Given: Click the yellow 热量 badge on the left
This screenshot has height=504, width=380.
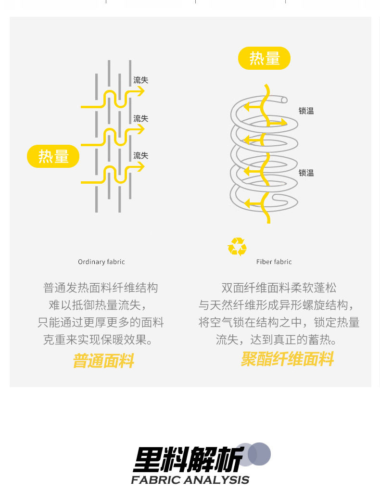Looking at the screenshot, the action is [53, 156].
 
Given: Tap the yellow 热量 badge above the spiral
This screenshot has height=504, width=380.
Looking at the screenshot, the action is [264, 58].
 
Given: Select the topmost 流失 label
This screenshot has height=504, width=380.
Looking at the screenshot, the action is [140, 80].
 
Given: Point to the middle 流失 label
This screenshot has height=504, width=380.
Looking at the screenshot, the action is [140, 118].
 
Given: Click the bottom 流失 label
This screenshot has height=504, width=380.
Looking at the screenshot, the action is [140, 155].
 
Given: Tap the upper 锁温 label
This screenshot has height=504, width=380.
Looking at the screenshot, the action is [306, 111].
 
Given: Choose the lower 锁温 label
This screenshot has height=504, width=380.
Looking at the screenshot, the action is [306, 173].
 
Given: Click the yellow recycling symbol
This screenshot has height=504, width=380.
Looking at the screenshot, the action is [237, 247].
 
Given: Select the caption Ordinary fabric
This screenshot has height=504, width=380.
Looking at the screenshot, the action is [101, 262].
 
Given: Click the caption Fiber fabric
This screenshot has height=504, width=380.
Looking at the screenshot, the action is [274, 262].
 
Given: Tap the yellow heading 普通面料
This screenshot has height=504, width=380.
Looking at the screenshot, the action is [103, 361].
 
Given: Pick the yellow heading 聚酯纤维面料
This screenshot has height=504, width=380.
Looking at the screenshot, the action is [287, 359].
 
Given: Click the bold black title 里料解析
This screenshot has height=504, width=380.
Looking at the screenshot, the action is [188, 459].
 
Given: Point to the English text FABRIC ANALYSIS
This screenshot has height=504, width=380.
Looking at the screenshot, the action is [190, 479].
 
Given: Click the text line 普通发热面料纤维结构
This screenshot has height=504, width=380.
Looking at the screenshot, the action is [101, 288].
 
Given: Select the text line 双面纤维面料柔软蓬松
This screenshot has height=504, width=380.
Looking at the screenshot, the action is [279, 288].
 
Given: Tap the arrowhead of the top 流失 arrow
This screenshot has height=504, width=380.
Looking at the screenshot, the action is [141, 91].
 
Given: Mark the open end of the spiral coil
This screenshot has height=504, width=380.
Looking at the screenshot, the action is [284, 100].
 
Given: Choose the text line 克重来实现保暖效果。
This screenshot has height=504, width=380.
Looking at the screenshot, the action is [101, 340].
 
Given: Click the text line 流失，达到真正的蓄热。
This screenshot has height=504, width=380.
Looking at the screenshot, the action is [277, 340].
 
